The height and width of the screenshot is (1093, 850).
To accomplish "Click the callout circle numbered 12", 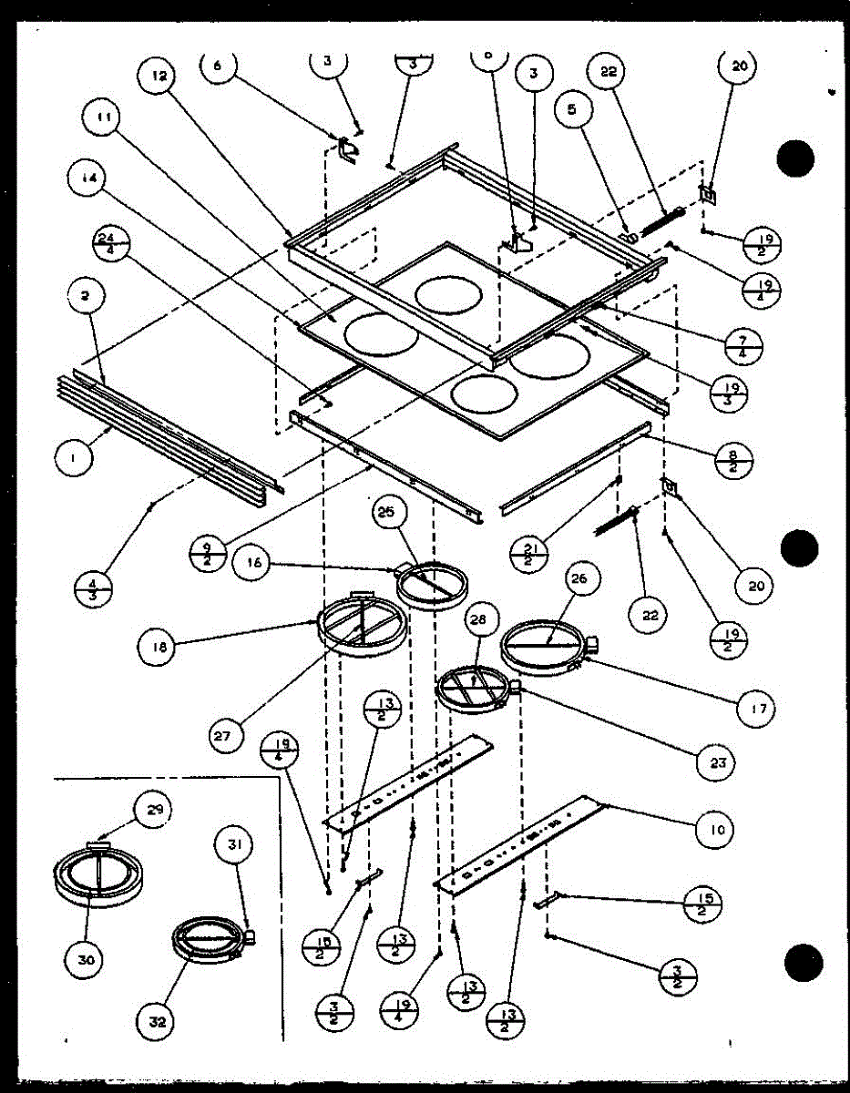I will coord(159,78).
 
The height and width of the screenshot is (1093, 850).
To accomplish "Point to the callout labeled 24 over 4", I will coord(112,245).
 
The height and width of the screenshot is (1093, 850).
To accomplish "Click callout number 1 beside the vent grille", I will coord(73,460).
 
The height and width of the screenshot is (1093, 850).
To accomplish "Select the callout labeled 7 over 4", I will coord(744,346).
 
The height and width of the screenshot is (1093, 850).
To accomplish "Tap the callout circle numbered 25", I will coord(389,515).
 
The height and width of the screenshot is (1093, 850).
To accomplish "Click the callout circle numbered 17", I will coord(758,706).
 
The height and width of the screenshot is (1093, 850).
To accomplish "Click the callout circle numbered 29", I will coord(153,809).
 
